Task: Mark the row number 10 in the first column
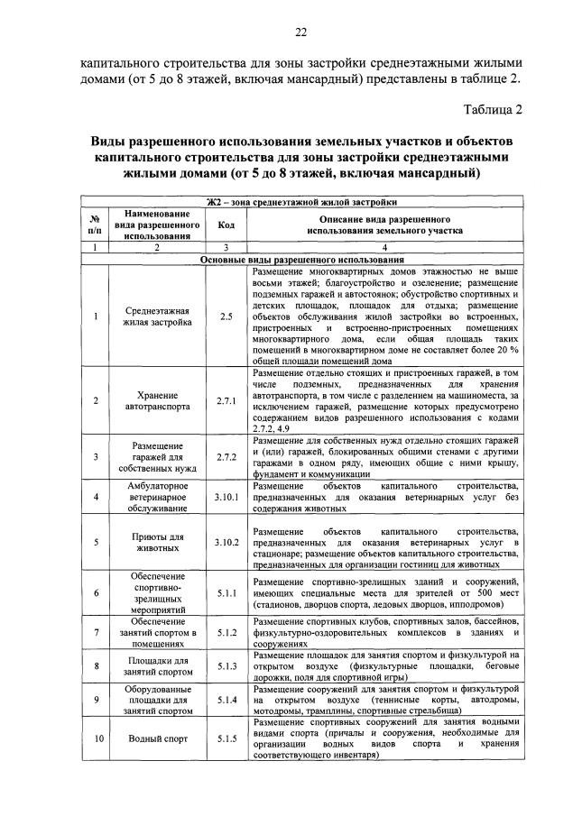[96, 738]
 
